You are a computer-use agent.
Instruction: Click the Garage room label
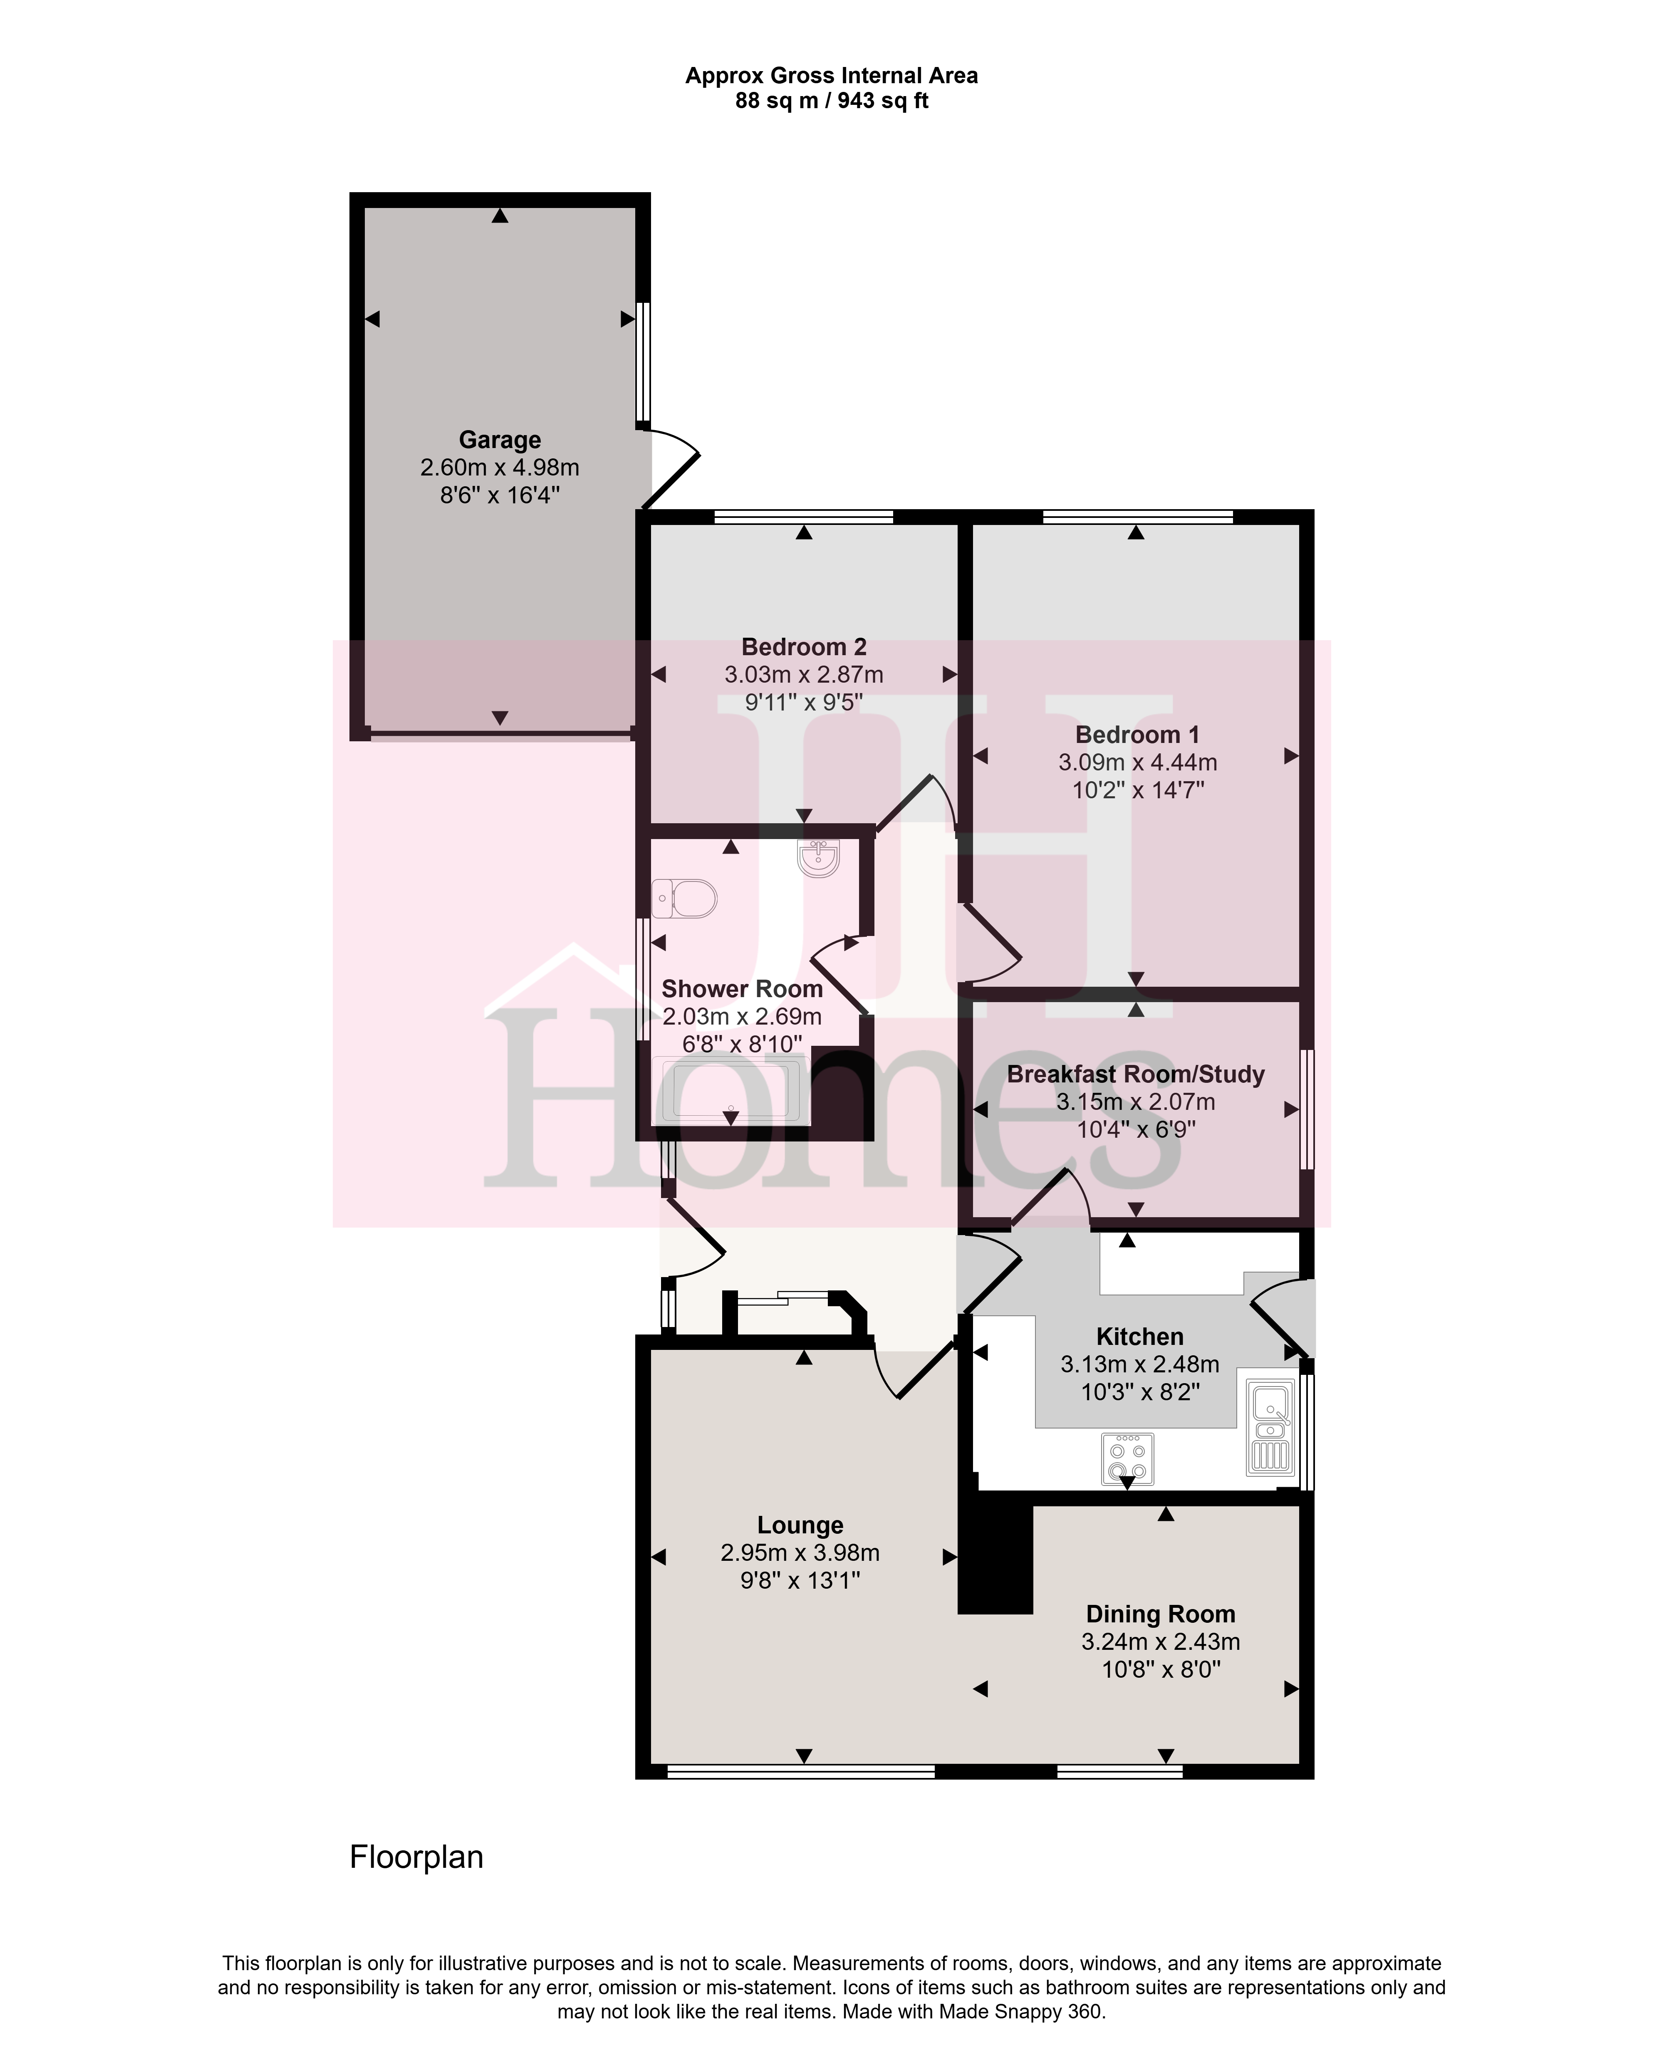click(499, 440)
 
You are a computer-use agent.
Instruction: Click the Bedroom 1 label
click(1137, 735)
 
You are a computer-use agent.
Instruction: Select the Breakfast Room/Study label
click(1136, 1075)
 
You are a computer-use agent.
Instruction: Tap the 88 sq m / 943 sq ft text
click(831, 101)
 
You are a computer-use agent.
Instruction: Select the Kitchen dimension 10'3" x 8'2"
click(1140, 1392)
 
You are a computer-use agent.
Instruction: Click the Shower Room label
click(742, 989)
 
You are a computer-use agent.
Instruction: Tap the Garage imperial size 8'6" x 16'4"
click(499, 495)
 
